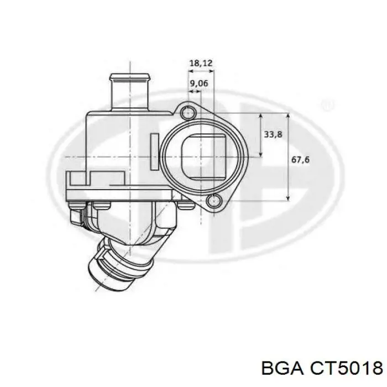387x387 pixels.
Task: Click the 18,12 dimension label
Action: (x=201, y=64)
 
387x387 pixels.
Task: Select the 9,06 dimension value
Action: (x=198, y=83)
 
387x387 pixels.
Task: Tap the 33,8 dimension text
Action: (x=272, y=134)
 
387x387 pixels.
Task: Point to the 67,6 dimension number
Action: (x=300, y=160)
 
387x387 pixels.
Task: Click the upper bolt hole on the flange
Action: (x=188, y=112)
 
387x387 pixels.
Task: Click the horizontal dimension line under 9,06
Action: (x=194, y=91)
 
